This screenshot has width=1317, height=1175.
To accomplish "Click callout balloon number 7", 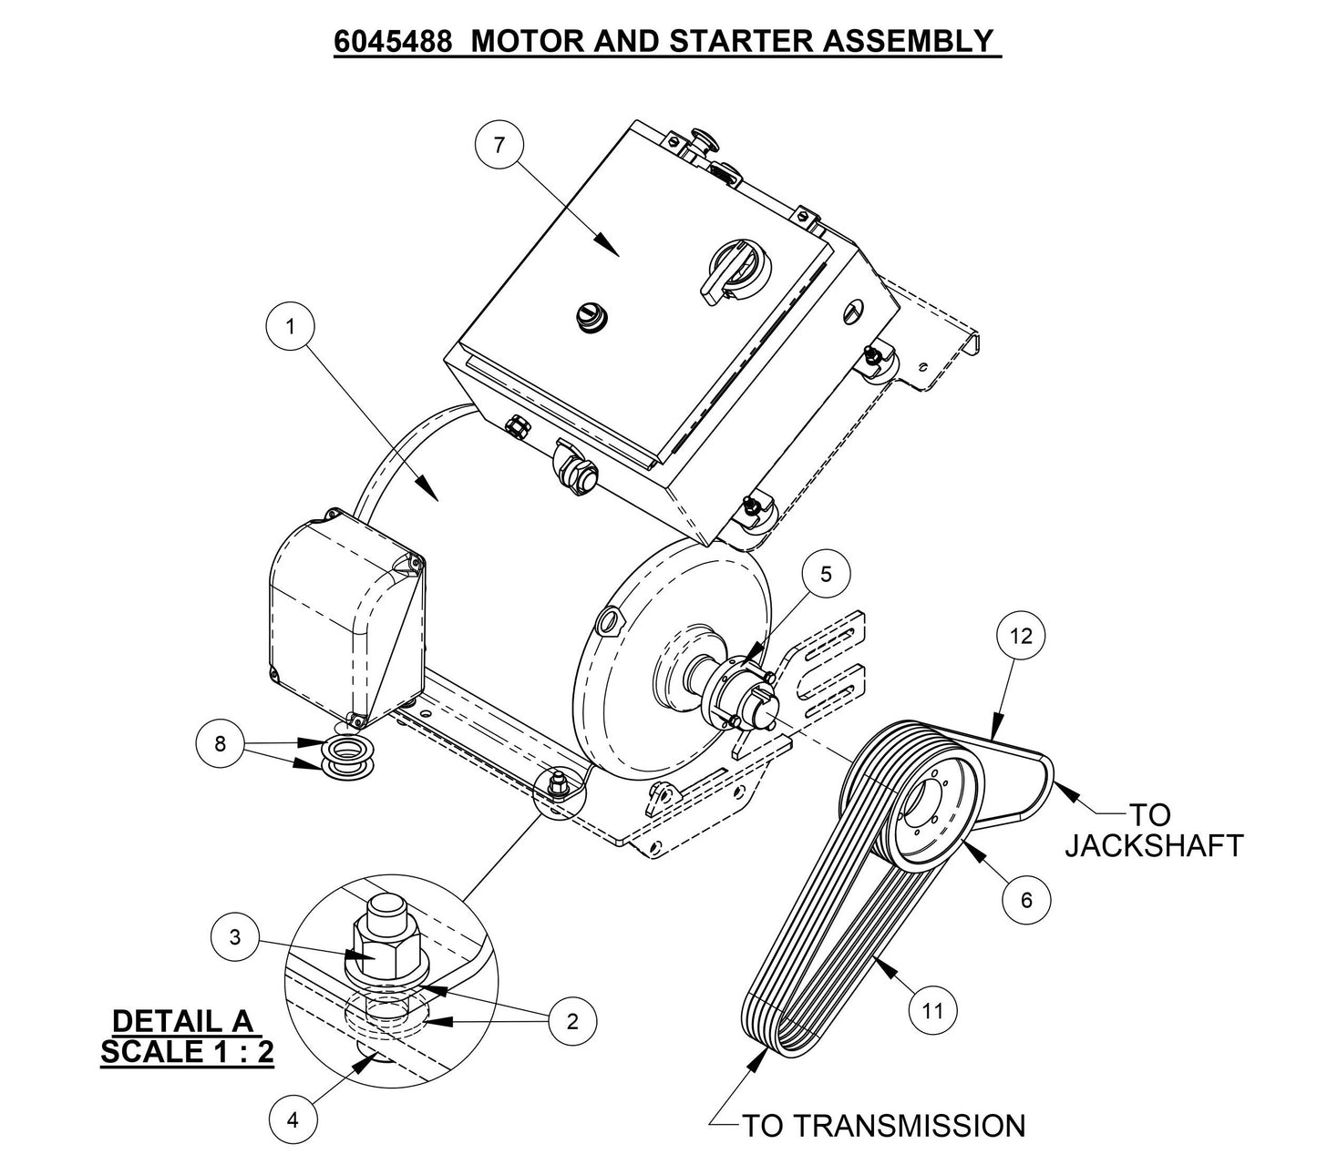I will pyautogui.click(x=498, y=145).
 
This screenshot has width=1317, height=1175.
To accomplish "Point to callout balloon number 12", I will pyautogui.click(x=1021, y=636).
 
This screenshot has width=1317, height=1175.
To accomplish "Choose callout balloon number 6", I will pyautogui.click(x=1026, y=900).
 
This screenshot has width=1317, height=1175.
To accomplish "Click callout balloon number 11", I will pyautogui.click(x=932, y=1009).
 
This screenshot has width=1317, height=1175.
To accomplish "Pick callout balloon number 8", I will pyautogui.click(x=220, y=743).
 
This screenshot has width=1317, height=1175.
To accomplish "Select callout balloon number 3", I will pyautogui.click(x=235, y=937).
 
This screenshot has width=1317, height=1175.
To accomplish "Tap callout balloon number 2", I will pyautogui.click(x=572, y=1021).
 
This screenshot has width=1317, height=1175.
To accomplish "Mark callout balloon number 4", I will pyautogui.click(x=293, y=1120).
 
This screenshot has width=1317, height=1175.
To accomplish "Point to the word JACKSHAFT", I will pyautogui.click(x=1154, y=845).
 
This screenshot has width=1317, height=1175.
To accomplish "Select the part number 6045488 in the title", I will pyautogui.click(x=392, y=41).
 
